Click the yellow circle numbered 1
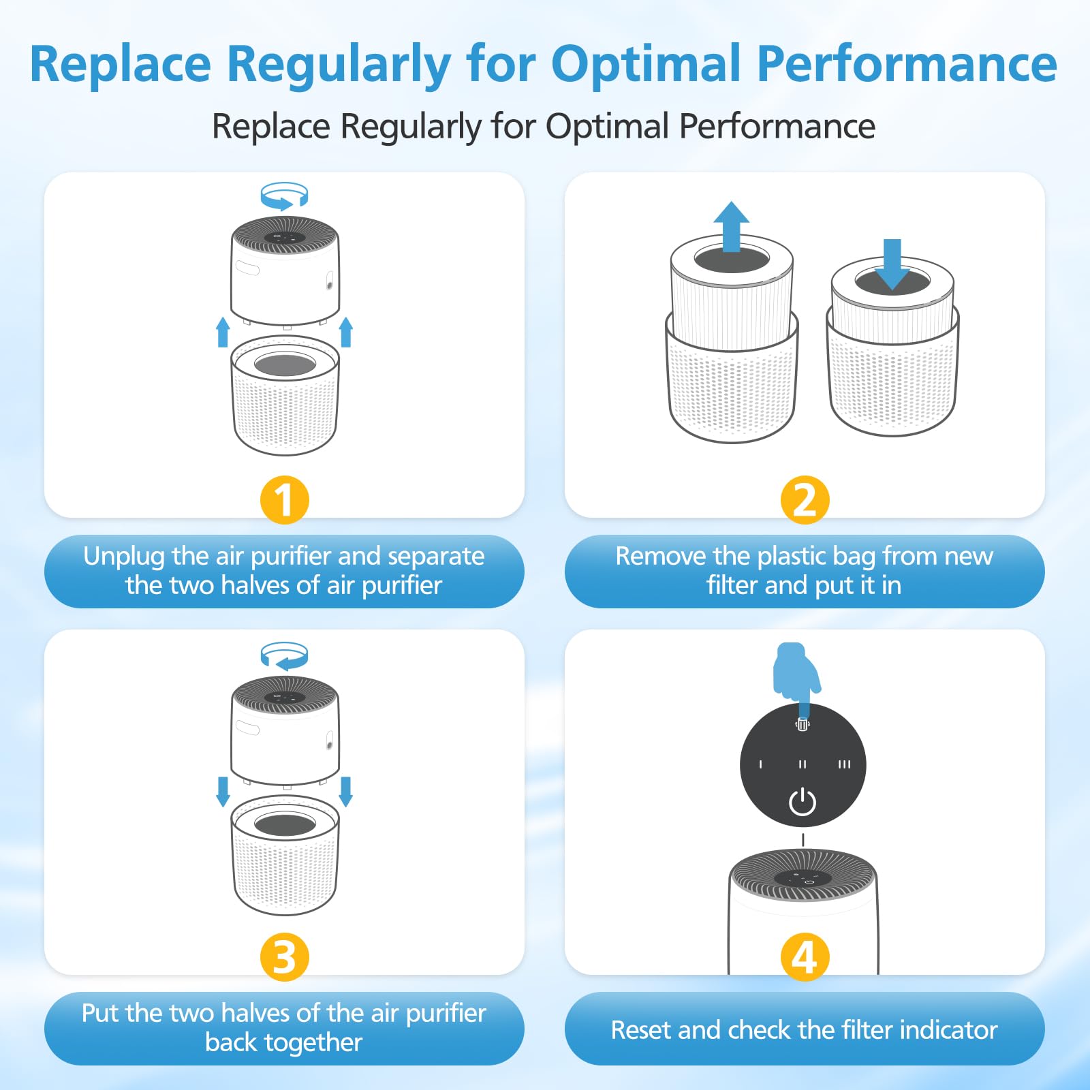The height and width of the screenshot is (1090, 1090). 284,499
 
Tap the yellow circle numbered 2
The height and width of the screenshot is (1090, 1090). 805,499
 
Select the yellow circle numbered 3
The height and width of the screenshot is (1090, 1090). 284,956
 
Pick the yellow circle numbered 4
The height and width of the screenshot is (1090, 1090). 805,956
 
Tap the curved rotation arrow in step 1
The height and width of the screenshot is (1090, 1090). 284,196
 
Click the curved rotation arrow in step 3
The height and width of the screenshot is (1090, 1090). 284,656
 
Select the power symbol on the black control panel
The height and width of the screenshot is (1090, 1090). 803,802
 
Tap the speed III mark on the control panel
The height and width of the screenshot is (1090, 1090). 844,764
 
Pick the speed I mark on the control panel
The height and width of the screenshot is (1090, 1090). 761,764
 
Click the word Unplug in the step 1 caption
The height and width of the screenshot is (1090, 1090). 124,557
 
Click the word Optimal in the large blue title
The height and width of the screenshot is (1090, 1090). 646,64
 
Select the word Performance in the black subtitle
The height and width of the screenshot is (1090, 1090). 777,126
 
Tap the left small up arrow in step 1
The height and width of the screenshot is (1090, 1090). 223,332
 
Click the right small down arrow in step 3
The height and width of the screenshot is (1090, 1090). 345,791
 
